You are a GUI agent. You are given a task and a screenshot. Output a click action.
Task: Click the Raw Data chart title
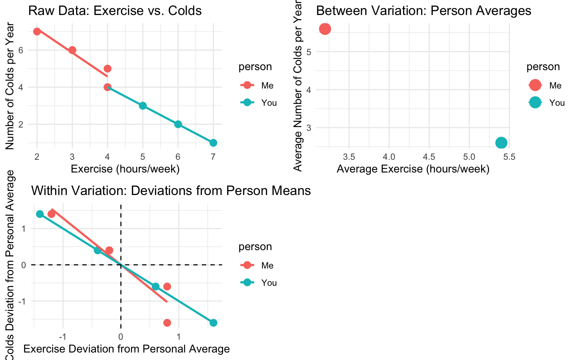pyautogui.click(x=115, y=10)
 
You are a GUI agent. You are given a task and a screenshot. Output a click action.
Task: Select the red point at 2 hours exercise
pyautogui.click(x=37, y=31)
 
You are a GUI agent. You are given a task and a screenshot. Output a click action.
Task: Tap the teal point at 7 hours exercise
pyautogui.click(x=213, y=143)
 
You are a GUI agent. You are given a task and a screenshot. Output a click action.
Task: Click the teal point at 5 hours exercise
pyautogui.click(x=143, y=106)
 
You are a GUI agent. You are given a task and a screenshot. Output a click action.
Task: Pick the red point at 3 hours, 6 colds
pyautogui.click(x=72, y=50)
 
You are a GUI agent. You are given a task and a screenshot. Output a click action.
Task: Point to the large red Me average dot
pyautogui.click(x=325, y=29)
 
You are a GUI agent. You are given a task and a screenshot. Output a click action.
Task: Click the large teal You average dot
pyautogui.click(x=501, y=143)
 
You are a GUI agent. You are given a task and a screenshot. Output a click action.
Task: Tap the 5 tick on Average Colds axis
pyautogui.click(x=309, y=51)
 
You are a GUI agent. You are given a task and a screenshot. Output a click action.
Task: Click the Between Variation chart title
pyautogui.click(x=424, y=10)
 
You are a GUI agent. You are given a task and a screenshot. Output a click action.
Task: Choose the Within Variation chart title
pyautogui.click(x=171, y=190)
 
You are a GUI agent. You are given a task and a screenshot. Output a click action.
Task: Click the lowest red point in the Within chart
pyautogui.click(x=167, y=323)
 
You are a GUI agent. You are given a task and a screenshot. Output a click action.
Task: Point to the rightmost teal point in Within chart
pyautogui.click(x=213, y=323)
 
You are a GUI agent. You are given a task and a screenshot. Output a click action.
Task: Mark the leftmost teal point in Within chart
pyautogui.click(x=40, y=214)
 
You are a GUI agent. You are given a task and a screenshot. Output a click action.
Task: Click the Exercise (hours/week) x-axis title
pyautogui.click(x=125, y=169)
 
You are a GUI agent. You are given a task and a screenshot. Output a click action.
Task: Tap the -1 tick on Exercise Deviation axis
pyautogui.click(x=63, y=336)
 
